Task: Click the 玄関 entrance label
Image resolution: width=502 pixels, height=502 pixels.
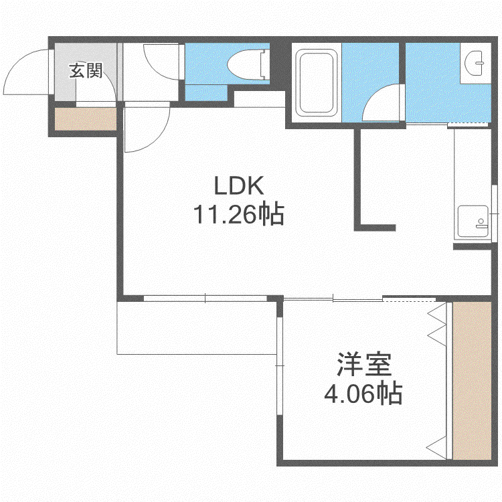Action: [86, 71]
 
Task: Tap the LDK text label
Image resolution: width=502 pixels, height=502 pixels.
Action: [239, 185]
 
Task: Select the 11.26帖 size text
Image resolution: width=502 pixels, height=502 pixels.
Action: [239, 214]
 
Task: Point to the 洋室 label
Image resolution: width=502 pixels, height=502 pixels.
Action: [364, 364]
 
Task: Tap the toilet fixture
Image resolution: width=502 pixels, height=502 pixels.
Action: [248, 64]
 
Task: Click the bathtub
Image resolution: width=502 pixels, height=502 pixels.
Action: [317, 82]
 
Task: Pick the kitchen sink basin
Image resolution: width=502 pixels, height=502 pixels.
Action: [473, 222]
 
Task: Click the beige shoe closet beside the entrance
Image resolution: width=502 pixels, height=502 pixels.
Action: [86, 119]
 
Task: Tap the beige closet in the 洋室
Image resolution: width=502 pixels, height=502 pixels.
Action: [472, 381]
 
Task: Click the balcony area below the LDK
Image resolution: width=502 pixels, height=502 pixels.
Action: [197, 328]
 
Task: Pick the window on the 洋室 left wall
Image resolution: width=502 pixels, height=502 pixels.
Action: [280, 365]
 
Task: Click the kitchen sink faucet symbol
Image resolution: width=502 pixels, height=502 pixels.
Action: [481, 223]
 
